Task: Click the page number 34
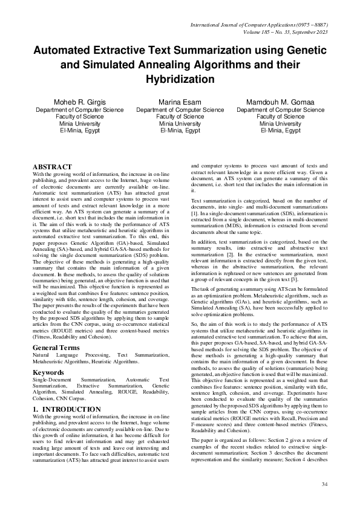tap(324, 484)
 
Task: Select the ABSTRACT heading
tap(52, 167)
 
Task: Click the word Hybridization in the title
tap(180, 79)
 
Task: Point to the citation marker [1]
tap(194, 213)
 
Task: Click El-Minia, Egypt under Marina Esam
tap(180, 130)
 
